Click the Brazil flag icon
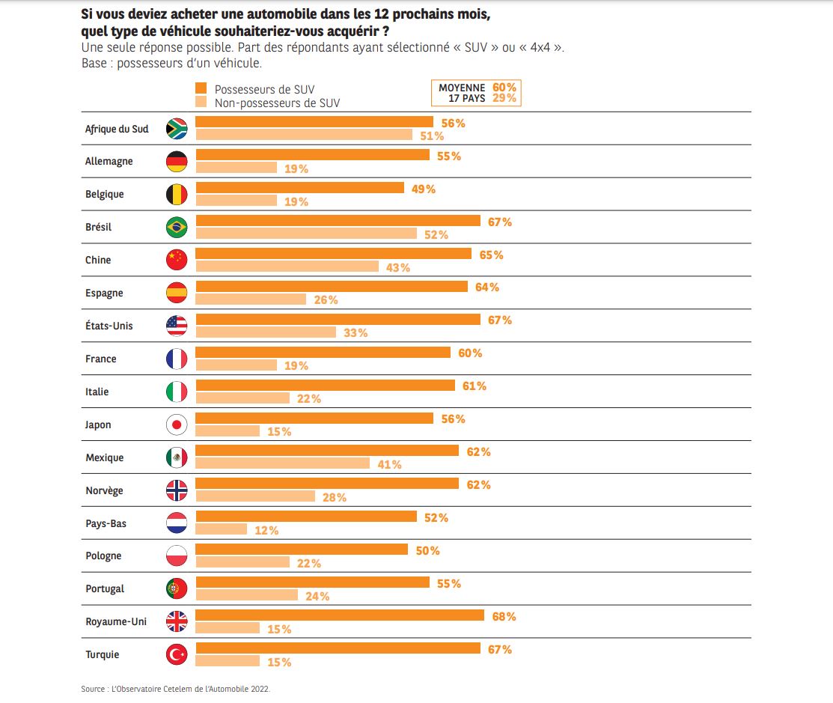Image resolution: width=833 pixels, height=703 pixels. click(177, 227)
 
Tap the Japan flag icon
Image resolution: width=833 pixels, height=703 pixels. click(177, 424)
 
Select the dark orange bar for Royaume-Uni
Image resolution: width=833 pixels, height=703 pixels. click(339, 615)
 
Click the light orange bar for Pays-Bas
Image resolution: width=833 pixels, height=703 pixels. click(221, 529)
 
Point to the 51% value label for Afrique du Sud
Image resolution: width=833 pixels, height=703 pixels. click(432, 136)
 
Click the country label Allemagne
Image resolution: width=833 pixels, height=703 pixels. click(109, 161)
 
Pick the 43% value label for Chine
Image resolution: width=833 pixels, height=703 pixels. click(398, 267)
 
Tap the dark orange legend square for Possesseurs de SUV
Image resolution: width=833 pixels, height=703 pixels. click(201, 89)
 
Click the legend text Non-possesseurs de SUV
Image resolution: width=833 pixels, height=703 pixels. click(277, 103)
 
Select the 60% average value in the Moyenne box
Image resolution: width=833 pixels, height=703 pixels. click(504, 88)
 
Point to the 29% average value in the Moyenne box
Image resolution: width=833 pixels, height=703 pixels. click(504, 99)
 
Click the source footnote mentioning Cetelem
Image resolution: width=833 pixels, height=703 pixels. click(175, 689)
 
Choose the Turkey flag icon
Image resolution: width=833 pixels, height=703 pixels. click(177, 655)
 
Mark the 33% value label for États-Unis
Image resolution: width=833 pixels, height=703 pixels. click(356, 333)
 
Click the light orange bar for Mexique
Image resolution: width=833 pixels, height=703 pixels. click(282, 463)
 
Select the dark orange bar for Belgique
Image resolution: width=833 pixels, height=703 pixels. click(299, 188)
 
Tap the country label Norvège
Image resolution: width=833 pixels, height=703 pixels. click(104, 490)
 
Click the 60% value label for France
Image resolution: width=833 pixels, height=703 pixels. click(470, 353)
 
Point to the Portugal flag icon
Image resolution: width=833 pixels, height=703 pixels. click(177, 589)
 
